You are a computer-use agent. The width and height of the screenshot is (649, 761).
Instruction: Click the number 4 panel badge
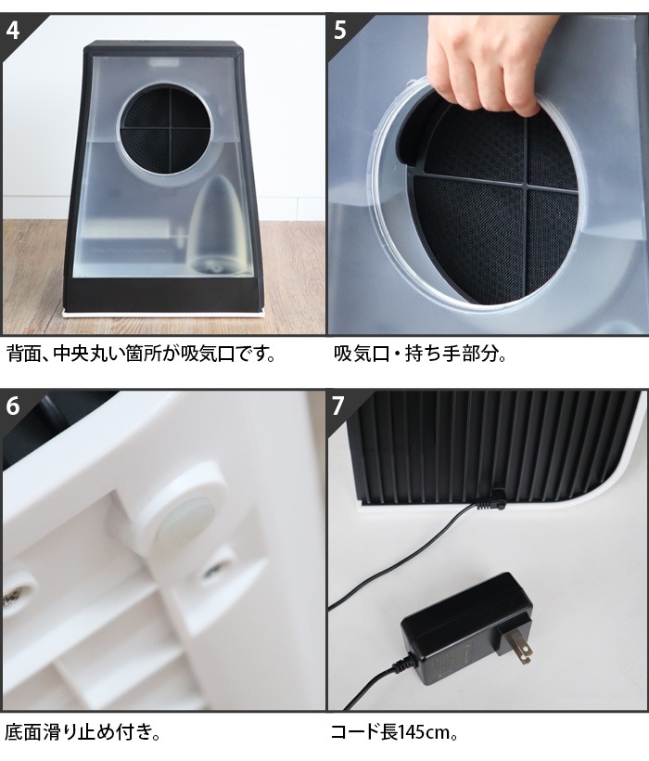point(13,30)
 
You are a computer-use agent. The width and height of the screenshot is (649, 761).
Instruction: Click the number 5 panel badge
point(340,30)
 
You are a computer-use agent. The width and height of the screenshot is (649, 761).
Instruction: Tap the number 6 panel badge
point(13,406)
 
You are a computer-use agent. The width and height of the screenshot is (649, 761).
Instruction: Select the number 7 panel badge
point(338,406)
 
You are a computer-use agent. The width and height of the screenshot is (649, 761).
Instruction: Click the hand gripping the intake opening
point(490,63)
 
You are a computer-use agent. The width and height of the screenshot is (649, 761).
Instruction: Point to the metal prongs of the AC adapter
point(522,647)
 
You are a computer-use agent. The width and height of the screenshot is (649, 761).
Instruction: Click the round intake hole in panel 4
point(165,128)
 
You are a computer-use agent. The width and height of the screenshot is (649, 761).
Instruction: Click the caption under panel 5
point(420,355)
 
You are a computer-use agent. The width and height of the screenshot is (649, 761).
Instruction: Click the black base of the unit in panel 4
point(164,293)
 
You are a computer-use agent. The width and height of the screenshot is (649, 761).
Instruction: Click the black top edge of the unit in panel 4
point(164,47)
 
